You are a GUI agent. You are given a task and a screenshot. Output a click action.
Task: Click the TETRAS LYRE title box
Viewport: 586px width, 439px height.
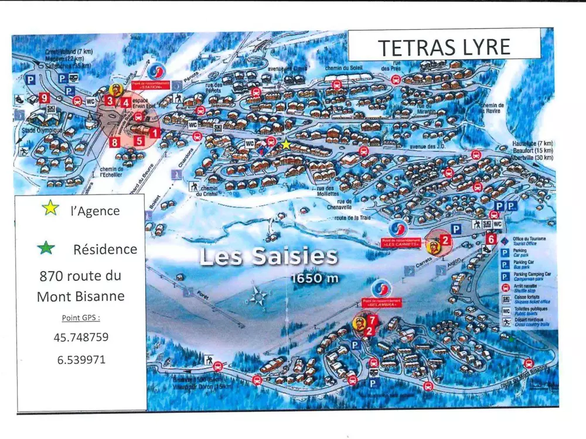pos(444,46)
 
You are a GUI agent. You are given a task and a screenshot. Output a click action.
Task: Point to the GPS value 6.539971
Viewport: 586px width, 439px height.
pos(81,359)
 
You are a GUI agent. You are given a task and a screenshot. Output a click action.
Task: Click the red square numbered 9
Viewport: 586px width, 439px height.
pos(44,98)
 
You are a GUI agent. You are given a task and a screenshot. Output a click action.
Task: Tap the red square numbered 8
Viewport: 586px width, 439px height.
pos(114,142)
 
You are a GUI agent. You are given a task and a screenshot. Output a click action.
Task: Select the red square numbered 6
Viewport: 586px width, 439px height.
pos(491,239)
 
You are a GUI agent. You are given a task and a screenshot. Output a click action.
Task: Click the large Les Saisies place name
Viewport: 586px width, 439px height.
pos(269,256)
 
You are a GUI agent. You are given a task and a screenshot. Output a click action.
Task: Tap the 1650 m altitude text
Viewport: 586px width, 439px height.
pos(315,278)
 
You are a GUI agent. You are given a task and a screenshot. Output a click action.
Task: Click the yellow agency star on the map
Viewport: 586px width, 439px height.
pos(285,143)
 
